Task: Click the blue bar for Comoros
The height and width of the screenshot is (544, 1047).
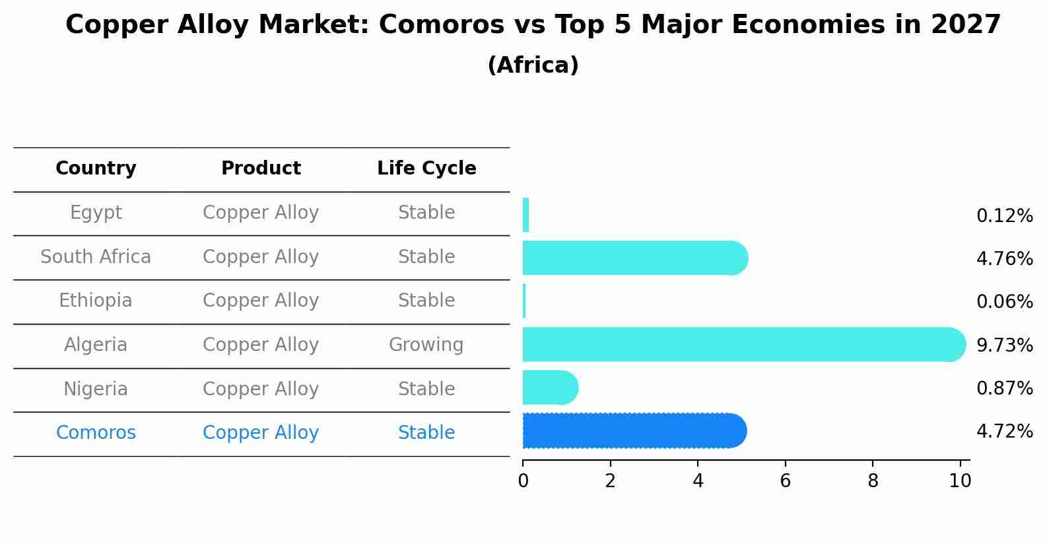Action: pyautogui.click(x=634, y=431)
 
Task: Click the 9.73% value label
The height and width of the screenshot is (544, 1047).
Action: pyautogui.click(x=1004, y=345)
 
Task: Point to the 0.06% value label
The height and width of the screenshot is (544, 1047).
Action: pyautogui.click(x=1004, y=302)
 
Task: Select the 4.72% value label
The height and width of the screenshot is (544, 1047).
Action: pyautogui.click(x=1004, y=432)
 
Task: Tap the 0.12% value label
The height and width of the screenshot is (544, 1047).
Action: pyautogui.click(x=1004, y=216)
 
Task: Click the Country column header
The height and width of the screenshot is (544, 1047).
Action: pyautogui.click(x=96, y=169)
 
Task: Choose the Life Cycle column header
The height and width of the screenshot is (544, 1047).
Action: pyautogui.click(x=426, y=169)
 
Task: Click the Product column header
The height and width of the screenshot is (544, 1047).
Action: pyautogui.click(x=261, y=169)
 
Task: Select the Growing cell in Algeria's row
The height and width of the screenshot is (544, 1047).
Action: pyautogui.click(x=426, y=345)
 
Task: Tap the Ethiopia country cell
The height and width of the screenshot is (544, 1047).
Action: pyautogui.click(x=96, y=301)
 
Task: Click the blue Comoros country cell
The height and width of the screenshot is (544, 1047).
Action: pyautogui.click(x=96, y=433)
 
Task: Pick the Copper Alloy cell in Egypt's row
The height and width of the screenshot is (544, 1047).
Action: pyautogui.click(x=261, y=213)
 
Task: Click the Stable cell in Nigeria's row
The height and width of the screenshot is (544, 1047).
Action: pyautogui.click(x=426, y=389)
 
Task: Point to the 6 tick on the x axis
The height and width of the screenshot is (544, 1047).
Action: pyautogui.click(x=785, y=481)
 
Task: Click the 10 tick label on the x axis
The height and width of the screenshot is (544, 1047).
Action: pyautogui.click(x=960, y=481)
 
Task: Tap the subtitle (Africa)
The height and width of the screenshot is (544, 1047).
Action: pyautogui.click(x=533, y=65)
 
